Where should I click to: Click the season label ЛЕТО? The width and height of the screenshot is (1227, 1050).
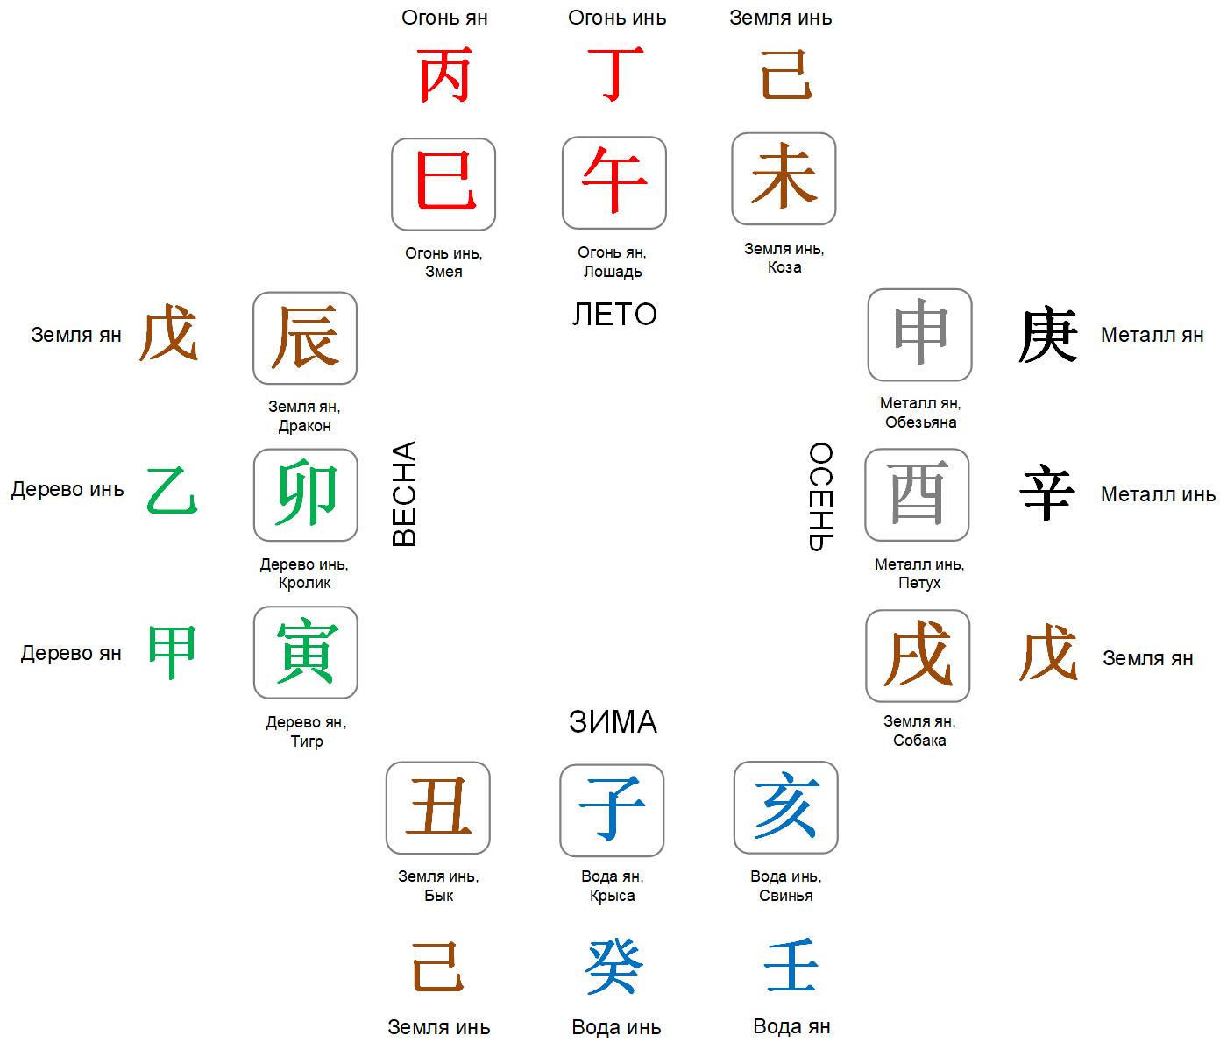click(x=613, y=314)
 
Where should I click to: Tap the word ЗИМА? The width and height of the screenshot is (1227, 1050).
click(x=613, y=721)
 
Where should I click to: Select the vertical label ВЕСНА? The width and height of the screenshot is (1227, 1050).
click(x=404, y=493)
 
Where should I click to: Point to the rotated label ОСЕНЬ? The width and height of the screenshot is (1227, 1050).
click(x=821, y=496)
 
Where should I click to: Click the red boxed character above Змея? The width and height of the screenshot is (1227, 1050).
click(x=444, y=181)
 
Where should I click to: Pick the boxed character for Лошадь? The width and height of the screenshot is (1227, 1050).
click(x=613, y=180)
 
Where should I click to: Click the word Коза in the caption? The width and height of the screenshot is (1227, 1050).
click(x=784, y=267)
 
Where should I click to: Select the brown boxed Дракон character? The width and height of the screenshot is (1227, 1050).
click(x=304, y=337)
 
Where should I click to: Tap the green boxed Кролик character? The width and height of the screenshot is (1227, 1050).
click(x=306, y=493)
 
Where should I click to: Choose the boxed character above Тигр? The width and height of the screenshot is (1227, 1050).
click(x=306, y=650)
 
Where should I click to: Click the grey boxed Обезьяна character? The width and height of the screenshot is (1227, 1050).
click(x=919, y=331)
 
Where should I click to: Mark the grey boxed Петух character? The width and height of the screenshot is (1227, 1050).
click(x=917, y=493)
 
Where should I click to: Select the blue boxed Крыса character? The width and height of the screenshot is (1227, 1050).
click(x=612, y=808)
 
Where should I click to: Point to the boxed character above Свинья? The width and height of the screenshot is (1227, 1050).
click(x=786, y=805)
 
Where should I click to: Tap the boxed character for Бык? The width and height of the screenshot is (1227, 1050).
click(x=438, y=806)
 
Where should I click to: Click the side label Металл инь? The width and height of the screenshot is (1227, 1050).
click(x=1158, y=493)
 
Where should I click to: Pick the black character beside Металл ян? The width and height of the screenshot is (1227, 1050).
click(x=1047, y=334)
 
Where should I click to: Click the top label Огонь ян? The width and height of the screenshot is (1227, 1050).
click(x=444, y=18)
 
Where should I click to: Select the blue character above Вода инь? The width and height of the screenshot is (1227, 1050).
click(x=614, y=967)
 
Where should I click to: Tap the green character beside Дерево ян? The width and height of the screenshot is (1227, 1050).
click(x=172, y=652)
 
